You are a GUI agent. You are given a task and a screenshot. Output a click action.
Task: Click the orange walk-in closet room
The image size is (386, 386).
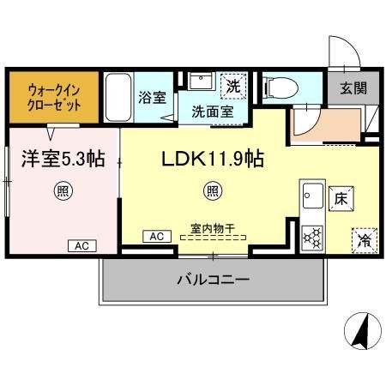tap(53, 96)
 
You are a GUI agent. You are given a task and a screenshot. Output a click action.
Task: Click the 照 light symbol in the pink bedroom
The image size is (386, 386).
tap(62, 190)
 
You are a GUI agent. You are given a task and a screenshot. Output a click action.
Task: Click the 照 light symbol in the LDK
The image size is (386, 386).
tap(212, 190)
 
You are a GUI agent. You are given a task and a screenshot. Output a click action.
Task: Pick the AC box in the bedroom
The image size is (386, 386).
tap(82, 245)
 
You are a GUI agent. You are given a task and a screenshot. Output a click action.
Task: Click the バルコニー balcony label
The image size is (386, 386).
tap(214, 280)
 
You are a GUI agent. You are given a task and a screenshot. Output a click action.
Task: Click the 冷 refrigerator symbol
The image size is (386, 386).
tap(361, 240)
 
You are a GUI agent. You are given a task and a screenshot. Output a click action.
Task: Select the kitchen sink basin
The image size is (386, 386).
tap(311, 194)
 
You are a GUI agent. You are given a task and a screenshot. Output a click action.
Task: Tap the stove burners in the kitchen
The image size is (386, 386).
tap(311, 233)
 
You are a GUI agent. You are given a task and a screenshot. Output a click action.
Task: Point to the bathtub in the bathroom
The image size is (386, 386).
tap(119, 100)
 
